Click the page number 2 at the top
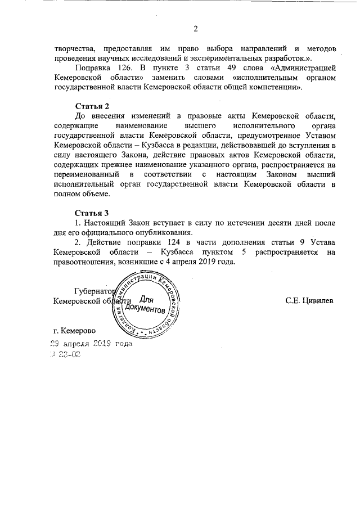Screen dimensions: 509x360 click(195, 29)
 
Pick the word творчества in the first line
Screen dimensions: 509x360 click(73, 48)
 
